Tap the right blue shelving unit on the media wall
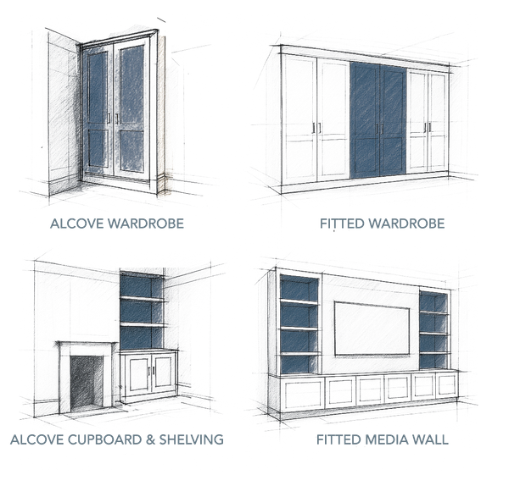click(433, 326)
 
